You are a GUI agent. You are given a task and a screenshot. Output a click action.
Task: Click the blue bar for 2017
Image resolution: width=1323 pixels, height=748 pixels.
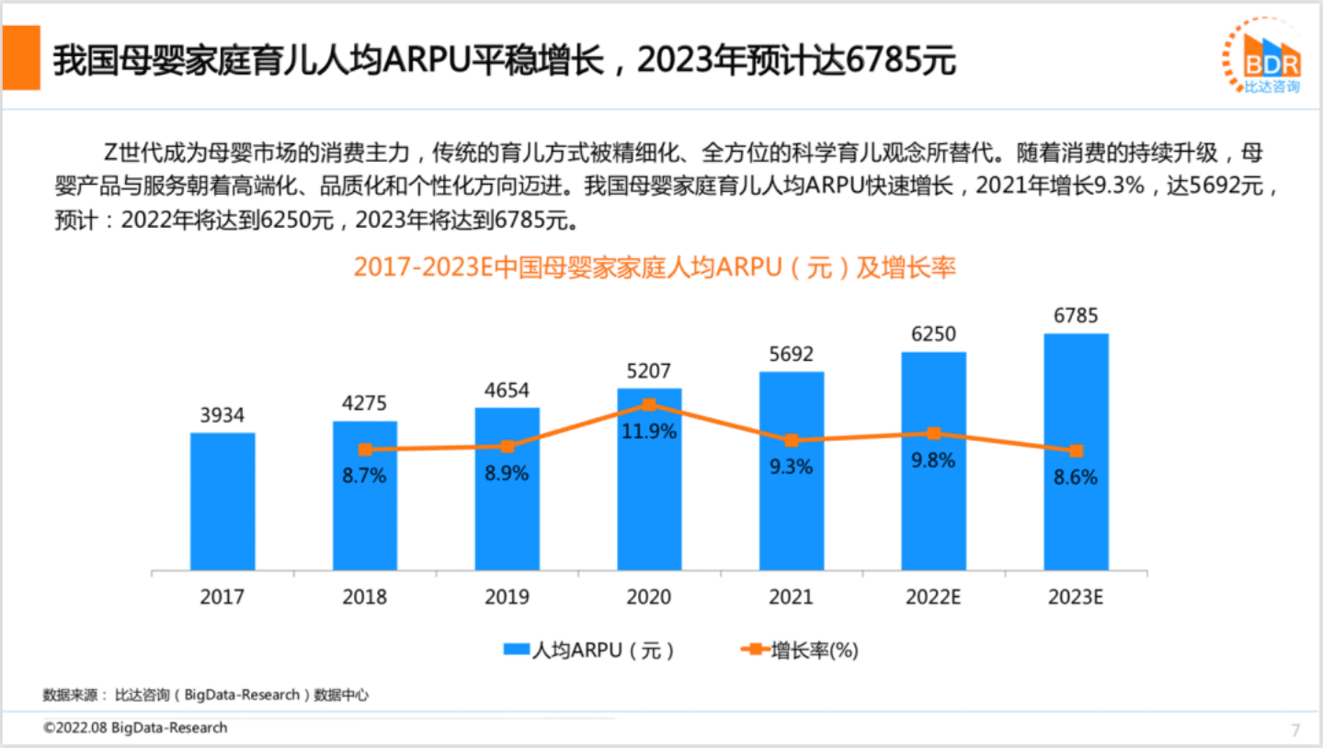(222, 501)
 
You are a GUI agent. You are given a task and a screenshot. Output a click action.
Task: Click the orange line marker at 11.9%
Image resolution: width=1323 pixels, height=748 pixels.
(649, 404)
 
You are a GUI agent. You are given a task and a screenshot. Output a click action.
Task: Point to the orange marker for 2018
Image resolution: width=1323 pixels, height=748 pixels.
(365, 449)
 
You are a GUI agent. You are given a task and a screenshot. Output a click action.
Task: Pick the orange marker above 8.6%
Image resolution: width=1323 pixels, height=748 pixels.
(1076, 451)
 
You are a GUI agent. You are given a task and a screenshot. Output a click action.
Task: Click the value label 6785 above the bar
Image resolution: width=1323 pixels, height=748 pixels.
(1076, 316)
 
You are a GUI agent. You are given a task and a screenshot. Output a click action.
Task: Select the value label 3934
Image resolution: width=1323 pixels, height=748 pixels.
(222, 415)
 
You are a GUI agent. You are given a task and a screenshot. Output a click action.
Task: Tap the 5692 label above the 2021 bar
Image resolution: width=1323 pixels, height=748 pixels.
(792, 355)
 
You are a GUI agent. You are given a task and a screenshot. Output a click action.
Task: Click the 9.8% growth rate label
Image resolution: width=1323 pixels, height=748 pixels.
(933, 461)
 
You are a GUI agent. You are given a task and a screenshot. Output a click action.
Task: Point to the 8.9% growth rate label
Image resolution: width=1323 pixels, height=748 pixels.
(508, 474)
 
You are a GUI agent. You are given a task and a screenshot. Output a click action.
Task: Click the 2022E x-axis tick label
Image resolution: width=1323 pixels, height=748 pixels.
(933, 597)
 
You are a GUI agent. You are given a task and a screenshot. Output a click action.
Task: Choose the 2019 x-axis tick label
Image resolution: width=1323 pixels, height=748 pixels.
(508, 597)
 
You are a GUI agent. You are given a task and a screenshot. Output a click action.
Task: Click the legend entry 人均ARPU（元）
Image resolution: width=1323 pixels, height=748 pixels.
(589, 651)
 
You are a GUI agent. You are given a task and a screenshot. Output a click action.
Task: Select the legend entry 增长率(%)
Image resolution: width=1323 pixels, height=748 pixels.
(799, 651)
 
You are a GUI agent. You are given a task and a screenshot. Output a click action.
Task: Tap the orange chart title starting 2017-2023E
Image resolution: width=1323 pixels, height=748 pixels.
(655, 267)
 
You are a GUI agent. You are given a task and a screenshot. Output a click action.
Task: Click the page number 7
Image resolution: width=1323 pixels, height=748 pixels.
(1295, 731)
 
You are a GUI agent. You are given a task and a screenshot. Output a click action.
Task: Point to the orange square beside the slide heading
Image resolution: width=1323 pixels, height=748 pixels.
(20, 57)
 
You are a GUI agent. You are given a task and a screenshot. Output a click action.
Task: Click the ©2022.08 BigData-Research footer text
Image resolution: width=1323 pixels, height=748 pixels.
(135, 728)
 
